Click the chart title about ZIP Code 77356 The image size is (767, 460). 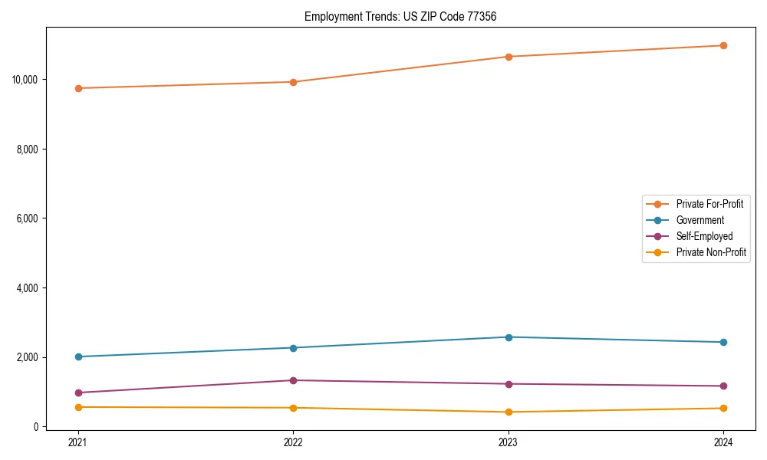[x=400, y=16]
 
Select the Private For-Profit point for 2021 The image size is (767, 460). [x=78, y=88]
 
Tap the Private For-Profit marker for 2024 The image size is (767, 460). [x=723, y=45]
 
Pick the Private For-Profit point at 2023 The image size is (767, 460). [x=509, y=57]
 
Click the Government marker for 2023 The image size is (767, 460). [x=509, y=337]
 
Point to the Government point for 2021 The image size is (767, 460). [x=78, y=356]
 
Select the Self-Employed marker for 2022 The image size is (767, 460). [x=293, y=380]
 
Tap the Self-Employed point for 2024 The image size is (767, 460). [x=723, y=386]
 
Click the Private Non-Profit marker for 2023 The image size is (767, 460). [x=509, y=412]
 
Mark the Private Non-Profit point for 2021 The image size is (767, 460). [x=78, y=407]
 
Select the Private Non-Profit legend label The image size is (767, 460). [x=711, y=252]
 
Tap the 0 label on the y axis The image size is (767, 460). [x=36, y=427]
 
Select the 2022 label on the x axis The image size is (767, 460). [x=293, y=442]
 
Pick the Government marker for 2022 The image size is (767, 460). [x=293, y=348]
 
